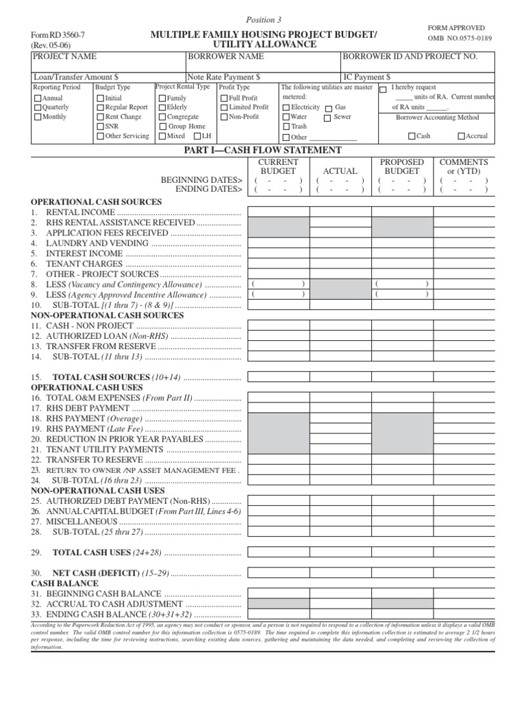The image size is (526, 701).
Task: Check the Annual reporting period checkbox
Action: [38, 99]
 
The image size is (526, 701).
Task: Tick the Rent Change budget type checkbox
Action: [100, 117]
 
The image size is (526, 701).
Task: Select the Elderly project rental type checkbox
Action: [162, 107]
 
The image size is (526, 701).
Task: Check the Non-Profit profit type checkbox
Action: [224, 117]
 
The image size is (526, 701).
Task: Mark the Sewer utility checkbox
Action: [328, 117]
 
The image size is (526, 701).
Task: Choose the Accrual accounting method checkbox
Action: [460, 136]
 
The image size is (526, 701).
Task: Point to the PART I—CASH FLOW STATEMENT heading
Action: [263, 150]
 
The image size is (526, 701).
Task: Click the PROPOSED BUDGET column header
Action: [402, 166]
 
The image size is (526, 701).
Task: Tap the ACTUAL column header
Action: [340, 170]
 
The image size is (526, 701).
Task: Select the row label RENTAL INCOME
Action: [71, 213]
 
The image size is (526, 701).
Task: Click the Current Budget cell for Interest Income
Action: [278, 253]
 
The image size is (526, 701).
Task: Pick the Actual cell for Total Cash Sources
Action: [340, 377]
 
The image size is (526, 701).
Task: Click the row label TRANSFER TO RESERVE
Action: [94, 460]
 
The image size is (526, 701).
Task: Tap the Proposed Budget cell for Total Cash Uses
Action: [402, 552]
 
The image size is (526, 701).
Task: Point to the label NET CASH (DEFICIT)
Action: [96, 572]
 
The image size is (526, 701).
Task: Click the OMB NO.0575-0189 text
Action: [460, 38]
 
